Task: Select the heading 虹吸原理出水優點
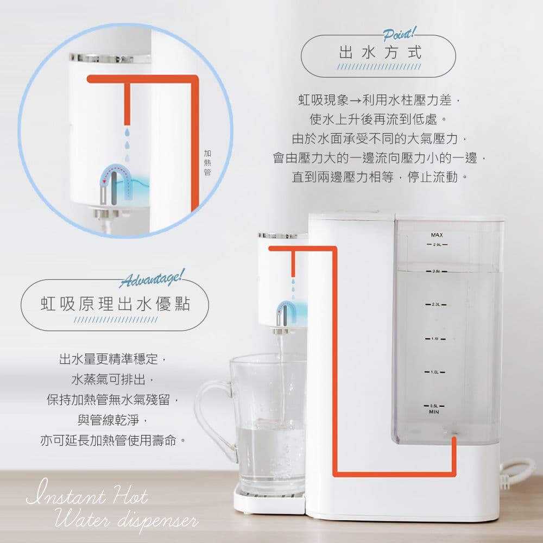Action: click(116, 304)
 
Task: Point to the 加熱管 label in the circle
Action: click(207, 162)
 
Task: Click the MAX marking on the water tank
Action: click(437, 235)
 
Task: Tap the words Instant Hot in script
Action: click(86, 497)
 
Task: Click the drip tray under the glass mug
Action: click(269, 501)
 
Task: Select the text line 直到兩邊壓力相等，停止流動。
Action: click(380, 178)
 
